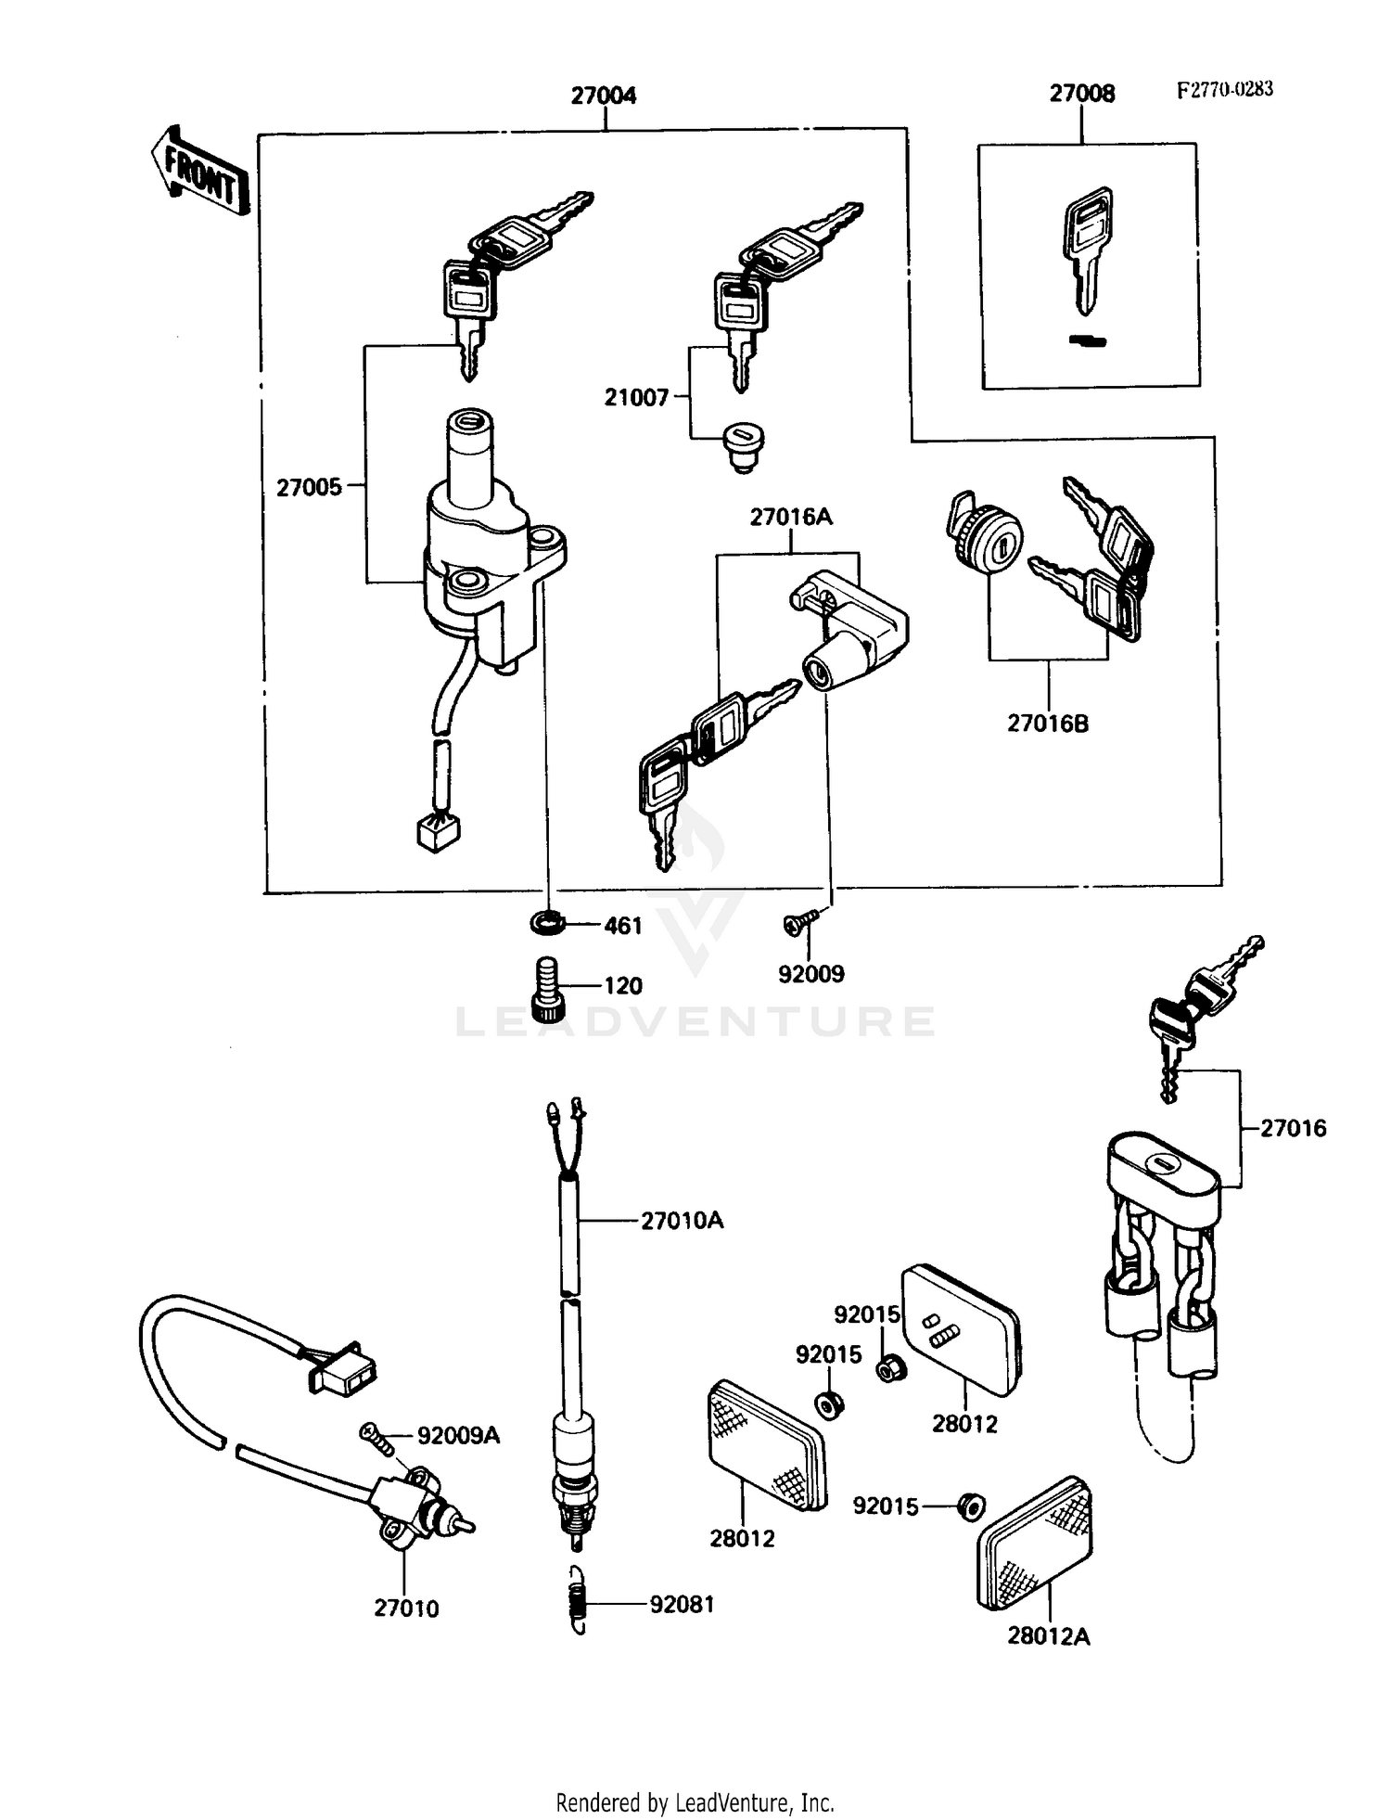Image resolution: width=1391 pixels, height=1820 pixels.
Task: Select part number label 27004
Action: tap(603, 96)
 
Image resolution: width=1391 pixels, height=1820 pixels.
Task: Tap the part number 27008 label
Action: tap(1081, 94)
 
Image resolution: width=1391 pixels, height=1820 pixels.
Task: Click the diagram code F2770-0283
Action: tap(1224, 90)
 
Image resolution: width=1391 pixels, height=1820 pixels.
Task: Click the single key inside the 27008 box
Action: tap(1089, 248)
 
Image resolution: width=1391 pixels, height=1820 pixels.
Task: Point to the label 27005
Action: tap(309, 488)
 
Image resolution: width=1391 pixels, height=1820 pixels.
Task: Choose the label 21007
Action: tap(636, 398)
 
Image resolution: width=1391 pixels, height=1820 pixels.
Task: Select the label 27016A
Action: tap(791, 518)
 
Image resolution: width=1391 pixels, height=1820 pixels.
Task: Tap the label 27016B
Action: tap(1048, 724)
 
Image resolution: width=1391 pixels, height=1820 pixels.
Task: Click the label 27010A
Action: tap(682, 1221)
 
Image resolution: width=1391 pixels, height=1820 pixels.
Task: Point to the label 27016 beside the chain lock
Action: tap(1293, 1129)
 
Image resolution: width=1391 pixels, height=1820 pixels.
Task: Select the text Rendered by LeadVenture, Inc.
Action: tap(695, 1802)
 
